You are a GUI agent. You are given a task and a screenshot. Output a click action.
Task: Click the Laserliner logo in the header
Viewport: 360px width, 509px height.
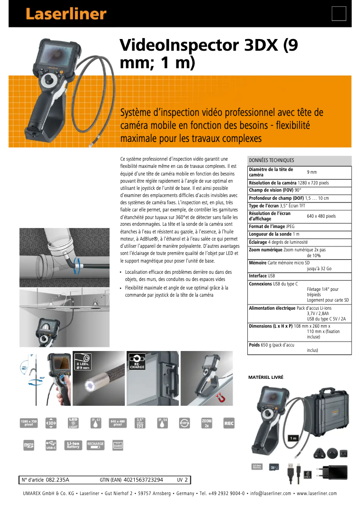coord(66,14)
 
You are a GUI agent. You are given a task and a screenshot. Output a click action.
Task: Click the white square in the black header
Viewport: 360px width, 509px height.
coord(339,14)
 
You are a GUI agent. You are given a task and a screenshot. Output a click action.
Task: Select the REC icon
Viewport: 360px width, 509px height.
coord(229,423)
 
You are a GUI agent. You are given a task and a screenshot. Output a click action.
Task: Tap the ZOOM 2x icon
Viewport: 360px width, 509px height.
coord(207,423)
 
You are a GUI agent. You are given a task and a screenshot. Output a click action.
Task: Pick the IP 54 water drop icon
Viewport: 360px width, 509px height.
coord(162,423)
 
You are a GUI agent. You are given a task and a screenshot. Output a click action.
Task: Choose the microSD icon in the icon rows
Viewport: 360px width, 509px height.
coord(29,445)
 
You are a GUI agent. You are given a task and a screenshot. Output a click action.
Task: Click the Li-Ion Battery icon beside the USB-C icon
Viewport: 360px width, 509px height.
coord(73,445)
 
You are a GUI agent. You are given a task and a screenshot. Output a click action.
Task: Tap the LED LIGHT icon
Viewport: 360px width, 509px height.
coord(73,423)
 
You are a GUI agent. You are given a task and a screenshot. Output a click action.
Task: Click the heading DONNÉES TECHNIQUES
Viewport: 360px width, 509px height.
coord(272,160)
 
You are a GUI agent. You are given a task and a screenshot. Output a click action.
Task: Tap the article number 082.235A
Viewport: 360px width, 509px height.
coord(57,480)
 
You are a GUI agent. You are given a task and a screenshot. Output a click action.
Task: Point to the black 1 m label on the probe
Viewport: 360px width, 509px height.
coord(294,438)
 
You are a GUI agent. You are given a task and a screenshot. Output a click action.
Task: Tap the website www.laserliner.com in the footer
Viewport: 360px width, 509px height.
coord(316,494)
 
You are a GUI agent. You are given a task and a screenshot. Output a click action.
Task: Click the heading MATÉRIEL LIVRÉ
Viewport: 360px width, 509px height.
coord(266,377)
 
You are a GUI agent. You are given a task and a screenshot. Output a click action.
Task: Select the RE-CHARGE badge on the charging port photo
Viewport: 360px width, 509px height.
coord(137,361)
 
